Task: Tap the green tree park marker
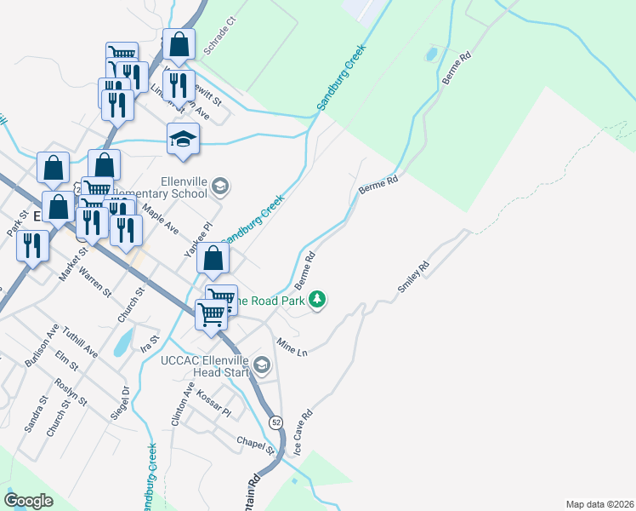pyautogui.click(x=317, y=299)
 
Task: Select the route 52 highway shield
pyautogui.click(x=276, y=422)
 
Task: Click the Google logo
pyautogui.click(x=29, y=501)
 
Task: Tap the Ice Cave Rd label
pyautogui.click(x=304, y=432)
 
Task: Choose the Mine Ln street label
pyautogui.click(x=292, y=346)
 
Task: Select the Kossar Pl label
pyautogui.click(x=213, y=405)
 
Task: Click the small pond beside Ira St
pyautogui.click(x=124, y=342)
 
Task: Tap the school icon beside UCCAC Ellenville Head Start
pyautogui.click(x=262, y=367)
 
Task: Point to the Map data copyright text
pyautogui.click(x=599, y=503)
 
